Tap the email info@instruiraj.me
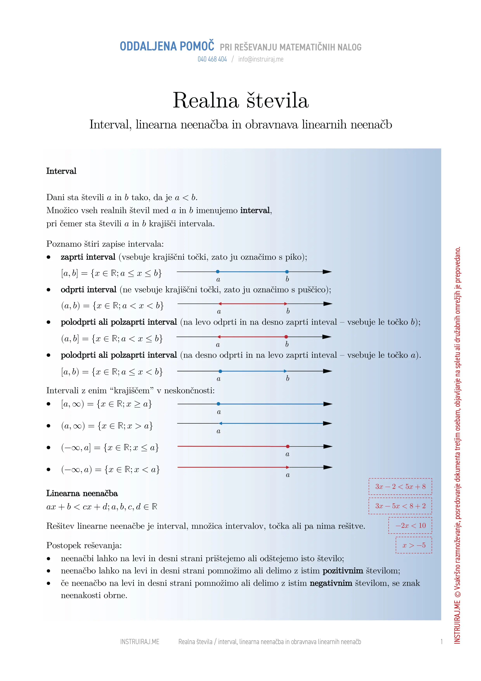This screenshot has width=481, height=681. coord(261,59)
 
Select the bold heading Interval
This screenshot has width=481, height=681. coord(61,171)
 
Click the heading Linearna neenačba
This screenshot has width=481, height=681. coord(82,493)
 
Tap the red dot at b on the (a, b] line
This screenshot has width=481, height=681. coord(286,337)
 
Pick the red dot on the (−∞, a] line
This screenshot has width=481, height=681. coord(288,446)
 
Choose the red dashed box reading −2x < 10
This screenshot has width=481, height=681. coord(410,526)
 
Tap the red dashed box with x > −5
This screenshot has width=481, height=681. coord(414,545)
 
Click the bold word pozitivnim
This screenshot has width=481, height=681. coord(343,571)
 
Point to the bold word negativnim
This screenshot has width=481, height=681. coord(331,583)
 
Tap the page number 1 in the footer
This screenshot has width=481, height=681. coord(442,642)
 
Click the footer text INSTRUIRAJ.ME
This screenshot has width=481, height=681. coord(140,642)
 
